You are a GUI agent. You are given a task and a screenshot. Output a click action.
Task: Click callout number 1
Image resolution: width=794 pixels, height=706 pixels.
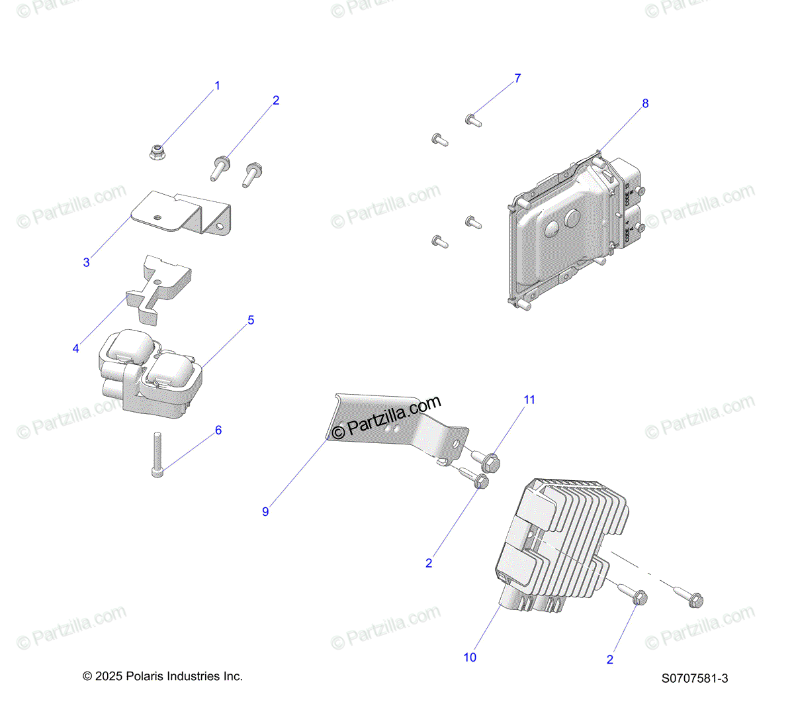tap(217, 86)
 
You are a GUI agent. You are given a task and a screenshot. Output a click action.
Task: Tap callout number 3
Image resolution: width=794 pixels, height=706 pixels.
tap(86, 263)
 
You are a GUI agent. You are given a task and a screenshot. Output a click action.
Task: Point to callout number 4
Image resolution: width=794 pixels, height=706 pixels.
tap(76, 348)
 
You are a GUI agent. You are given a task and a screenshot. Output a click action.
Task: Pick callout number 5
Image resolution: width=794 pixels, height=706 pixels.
tap(251, 321)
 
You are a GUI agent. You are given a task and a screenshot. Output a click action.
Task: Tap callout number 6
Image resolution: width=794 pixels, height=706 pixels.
tap(218, 430)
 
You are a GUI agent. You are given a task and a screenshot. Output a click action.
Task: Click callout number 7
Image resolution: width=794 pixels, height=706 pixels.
tap(517, 79)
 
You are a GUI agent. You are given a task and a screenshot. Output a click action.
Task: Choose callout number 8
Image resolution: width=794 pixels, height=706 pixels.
tap(645, 103)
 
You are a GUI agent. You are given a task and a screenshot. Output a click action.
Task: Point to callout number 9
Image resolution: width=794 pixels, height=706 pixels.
tap(265, 512)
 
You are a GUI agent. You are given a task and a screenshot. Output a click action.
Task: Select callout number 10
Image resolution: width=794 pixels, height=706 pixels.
tap(470, 658)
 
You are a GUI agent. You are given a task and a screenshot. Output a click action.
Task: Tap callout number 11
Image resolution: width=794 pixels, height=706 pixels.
tap(529, 400)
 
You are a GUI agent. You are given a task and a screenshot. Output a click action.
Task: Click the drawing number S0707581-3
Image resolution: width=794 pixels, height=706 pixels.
tap(695, 678)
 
